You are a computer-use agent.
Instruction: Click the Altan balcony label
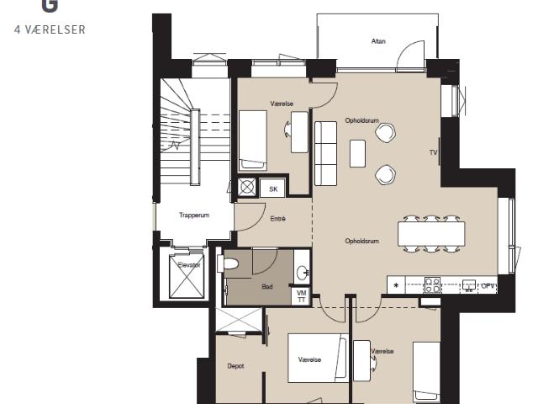[378, 41]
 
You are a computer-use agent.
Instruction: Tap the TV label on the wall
[433, 152]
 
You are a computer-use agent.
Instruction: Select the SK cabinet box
[273, 189]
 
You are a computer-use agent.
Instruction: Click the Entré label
[277, 219]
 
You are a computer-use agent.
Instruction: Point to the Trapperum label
[194, 215]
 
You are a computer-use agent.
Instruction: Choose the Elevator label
[188, 265]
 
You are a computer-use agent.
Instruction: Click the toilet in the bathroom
[228, 264]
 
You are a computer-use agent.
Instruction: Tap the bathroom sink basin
[303, 273]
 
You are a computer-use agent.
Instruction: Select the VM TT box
[301, 296]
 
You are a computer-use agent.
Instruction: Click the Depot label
[235, 366]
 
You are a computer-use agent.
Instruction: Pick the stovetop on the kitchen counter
[432, 284]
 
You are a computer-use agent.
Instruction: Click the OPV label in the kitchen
[488, 285]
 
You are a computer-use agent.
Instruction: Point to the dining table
[431, 234]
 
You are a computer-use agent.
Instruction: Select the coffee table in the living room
[357, 153]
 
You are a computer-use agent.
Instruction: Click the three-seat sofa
[325, 153]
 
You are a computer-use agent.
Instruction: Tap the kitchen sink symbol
[469, 285]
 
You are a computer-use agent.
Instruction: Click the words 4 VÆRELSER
[50, 30]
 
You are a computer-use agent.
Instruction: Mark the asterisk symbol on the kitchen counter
[396, 285]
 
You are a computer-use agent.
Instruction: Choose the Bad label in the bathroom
[267, 286]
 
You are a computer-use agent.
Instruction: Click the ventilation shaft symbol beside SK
[247, 187]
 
